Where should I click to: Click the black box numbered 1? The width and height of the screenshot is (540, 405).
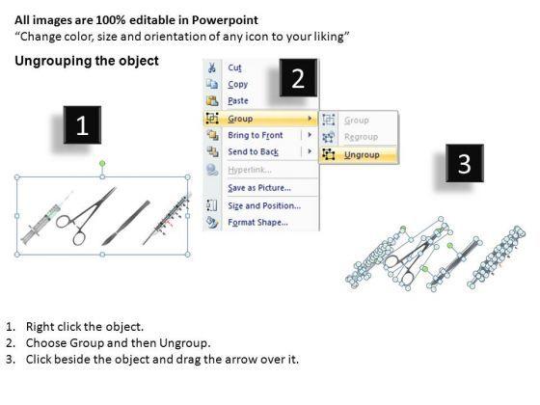(x=82, y=125)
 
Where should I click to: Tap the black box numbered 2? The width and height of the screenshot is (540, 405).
(x=298, y=78)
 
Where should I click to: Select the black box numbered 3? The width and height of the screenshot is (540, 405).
(x=465, y=163)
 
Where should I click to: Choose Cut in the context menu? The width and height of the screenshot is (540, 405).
(x=234, y=67)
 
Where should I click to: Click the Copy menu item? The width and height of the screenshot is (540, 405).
(x=237, y=85)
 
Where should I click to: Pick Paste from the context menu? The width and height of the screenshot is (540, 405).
(x=238, y=101)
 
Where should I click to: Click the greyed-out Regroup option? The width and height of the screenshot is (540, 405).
(x=361, y=137)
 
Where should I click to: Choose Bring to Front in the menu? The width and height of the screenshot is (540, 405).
(x=256, y=135)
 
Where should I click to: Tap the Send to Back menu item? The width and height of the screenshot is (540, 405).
(x=253, y=151)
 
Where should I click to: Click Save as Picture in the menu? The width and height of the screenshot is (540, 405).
(x=259, y=188)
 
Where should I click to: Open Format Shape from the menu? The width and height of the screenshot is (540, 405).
(x=257, y=222)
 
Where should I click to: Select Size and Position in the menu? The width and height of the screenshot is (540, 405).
(x=264, y=205)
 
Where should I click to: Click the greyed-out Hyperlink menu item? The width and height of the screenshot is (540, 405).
(x=250, y=170)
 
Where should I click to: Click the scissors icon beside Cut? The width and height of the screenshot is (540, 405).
(x=212, y=67)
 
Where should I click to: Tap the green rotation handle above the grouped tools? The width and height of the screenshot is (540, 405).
(x=102, y=163)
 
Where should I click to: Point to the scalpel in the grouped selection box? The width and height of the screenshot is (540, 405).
(x=126, y=223)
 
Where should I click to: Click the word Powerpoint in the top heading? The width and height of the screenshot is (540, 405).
(x=225, y=20)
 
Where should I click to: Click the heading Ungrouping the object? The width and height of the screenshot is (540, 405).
(x=87, y=61)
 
